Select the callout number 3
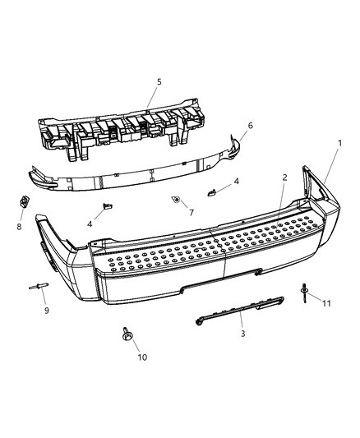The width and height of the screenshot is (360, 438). point(219,334)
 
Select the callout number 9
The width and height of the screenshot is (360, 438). point(46,311)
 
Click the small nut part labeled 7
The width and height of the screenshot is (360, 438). point(176,200)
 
